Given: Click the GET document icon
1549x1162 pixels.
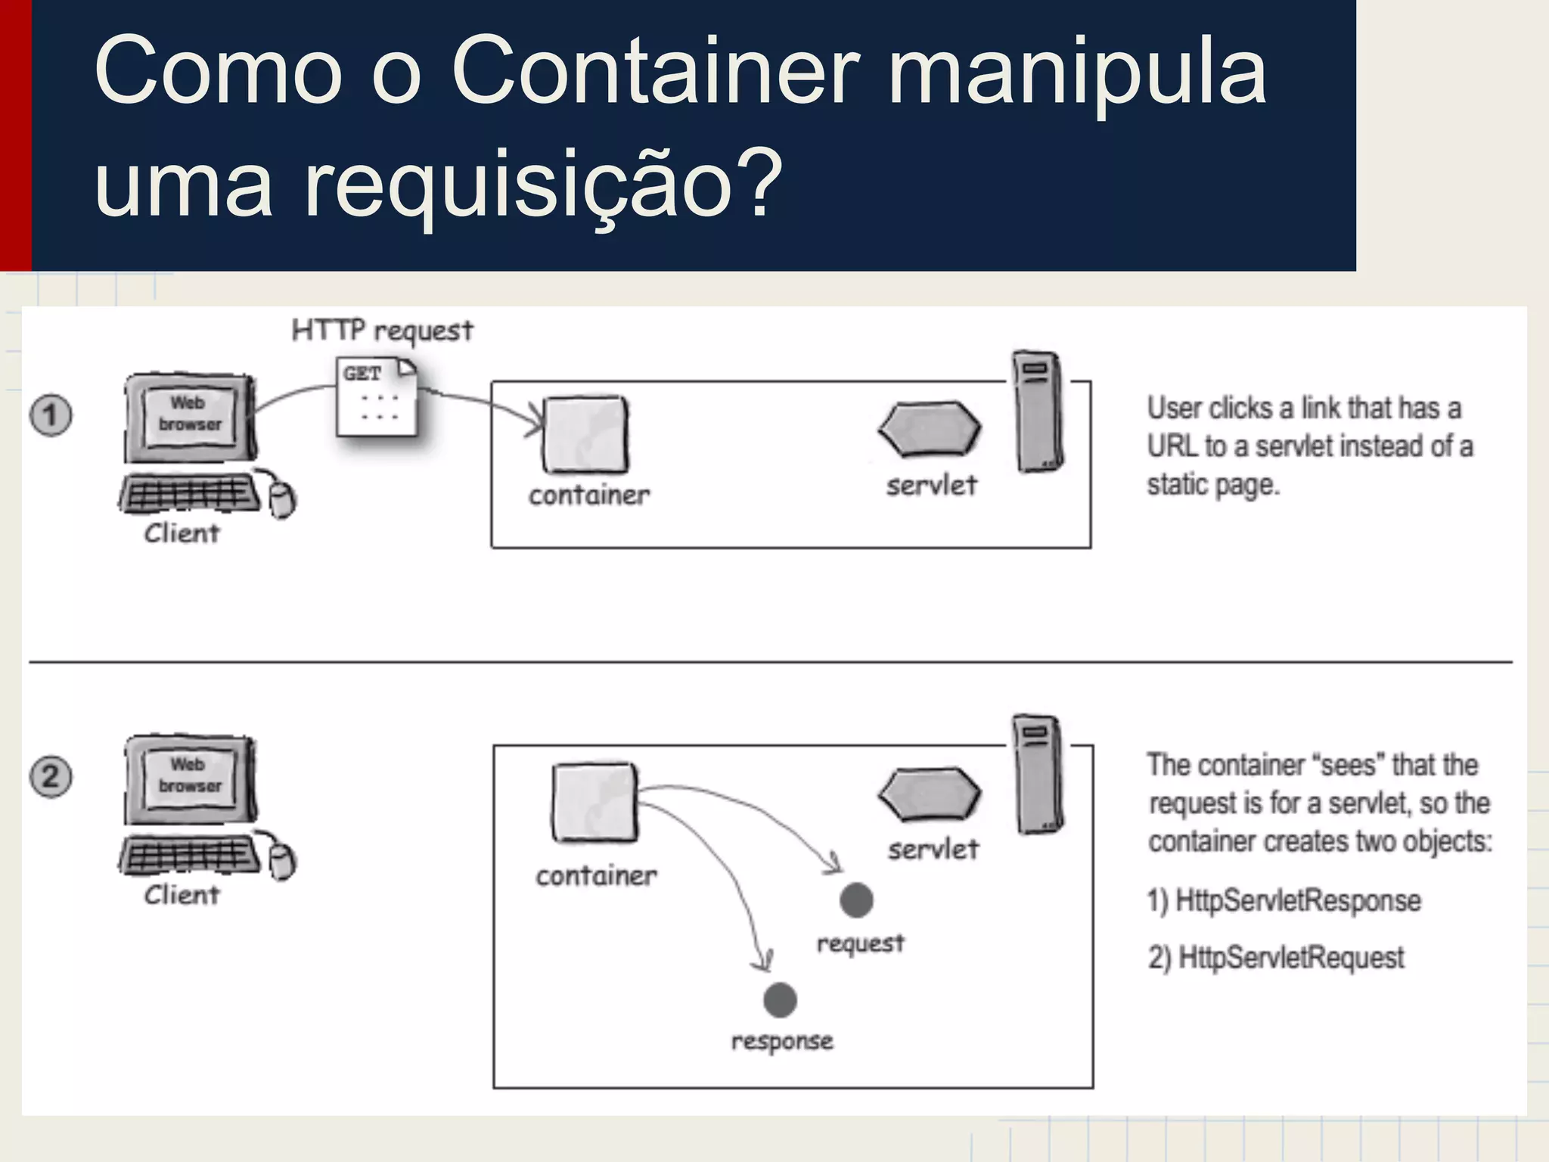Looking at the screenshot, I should (376, 398).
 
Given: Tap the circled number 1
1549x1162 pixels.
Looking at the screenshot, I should (51, 415).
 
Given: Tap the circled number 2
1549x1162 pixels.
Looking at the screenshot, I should (51, 777).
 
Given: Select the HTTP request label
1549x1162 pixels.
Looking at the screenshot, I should (382, 331).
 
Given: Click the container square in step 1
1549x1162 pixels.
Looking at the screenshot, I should (585, 434).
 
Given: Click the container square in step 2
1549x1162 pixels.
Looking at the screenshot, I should (594, 803).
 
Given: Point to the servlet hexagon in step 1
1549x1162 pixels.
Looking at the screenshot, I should (930, 429).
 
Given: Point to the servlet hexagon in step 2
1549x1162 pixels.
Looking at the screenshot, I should (930, 794).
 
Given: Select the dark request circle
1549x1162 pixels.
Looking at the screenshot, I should (856, 900).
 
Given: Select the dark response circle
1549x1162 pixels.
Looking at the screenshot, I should (780, 1000).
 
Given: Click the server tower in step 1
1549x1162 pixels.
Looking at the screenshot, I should (1038, 412).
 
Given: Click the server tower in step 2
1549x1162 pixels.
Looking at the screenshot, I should (1038, 774).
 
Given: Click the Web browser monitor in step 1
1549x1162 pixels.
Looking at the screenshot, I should (190, 416).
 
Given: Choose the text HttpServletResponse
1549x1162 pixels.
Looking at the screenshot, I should (1298, 900).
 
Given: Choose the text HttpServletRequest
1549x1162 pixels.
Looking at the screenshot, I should (1291, 958).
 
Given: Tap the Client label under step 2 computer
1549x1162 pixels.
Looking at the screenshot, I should (182, 895).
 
